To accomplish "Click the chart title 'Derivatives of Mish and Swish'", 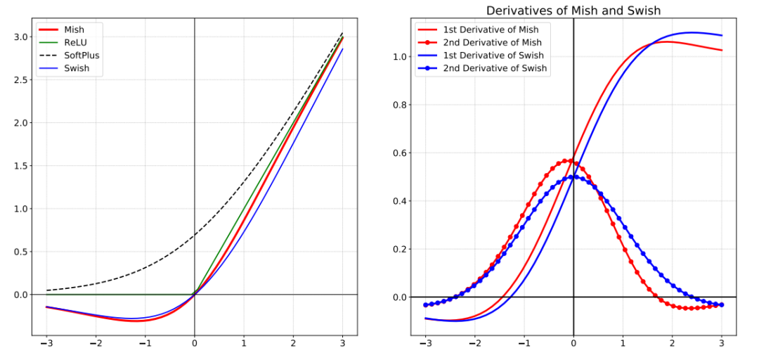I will click(573, 10).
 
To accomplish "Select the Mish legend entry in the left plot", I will click(74, 29).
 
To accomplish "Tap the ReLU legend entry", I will click(75, 42).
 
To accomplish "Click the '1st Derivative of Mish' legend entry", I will click(491, 29).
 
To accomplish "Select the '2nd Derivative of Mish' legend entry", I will click(491, 42).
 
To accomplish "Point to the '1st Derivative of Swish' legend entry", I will click(493, 56).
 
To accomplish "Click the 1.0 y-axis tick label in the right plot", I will click(400, 56).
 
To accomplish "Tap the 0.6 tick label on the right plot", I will click(400, 153).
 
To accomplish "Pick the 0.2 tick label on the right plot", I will click(400, 249).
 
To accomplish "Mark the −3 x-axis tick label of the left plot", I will click(46, 344).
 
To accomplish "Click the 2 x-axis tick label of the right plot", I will click(673, 344).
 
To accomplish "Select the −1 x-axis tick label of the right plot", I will click(523, 344).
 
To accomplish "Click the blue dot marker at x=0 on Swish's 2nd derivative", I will click(573, 177).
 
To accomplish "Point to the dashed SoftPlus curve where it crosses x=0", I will click(194, 235).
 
